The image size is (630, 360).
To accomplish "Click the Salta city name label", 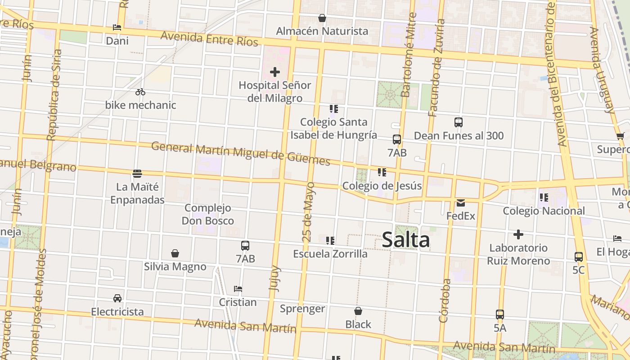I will coord(405,240).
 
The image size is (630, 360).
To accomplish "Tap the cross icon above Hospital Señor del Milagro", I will coord(274,72).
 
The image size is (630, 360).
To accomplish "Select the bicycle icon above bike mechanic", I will coord(140,92).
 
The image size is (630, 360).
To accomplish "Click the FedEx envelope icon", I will coord(461,203).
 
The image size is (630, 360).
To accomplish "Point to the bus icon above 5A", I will coord(500,315).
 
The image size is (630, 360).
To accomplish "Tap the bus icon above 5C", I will coord(579,257).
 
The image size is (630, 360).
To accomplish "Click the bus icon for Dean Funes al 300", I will coord(459,122).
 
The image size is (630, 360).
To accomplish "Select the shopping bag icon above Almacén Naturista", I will coord(322,18).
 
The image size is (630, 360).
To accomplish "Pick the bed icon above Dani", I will coord(117,27).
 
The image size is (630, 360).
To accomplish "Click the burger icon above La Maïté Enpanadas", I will coord(137,173).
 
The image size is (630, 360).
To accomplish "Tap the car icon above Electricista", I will coord(117,298).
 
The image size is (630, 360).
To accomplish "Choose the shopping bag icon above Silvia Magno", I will coord(175,253).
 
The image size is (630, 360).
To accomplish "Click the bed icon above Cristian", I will coord(238,288).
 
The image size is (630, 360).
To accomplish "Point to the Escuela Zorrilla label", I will coord(330,254).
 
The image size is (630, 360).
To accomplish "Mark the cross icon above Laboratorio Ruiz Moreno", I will coord(518,234).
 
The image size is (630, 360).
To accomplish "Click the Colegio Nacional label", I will coord(544,211).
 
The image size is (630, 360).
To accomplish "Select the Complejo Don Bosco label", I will coord(208,214).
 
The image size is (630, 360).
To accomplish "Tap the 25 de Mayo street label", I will coord(309,212).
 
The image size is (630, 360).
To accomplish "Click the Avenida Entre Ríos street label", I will coord(209,39).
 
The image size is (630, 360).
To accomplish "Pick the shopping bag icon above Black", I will coord(358,311).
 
